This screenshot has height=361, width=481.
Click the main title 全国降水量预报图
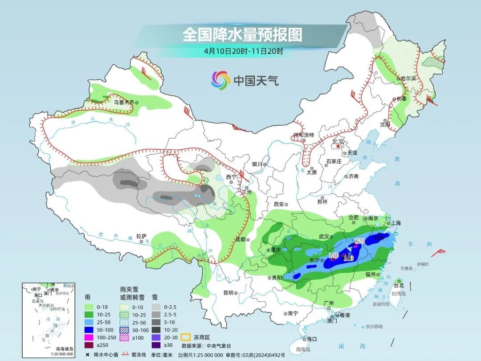point(242,35)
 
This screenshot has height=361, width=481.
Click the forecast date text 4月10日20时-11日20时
point(243,51)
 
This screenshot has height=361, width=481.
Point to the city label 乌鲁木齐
point(123,102)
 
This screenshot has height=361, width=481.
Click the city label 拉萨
point(141,236)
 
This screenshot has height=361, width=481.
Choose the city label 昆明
point(228,293)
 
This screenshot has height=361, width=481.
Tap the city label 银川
point(257,164)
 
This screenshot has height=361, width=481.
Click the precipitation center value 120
point(359,241)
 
